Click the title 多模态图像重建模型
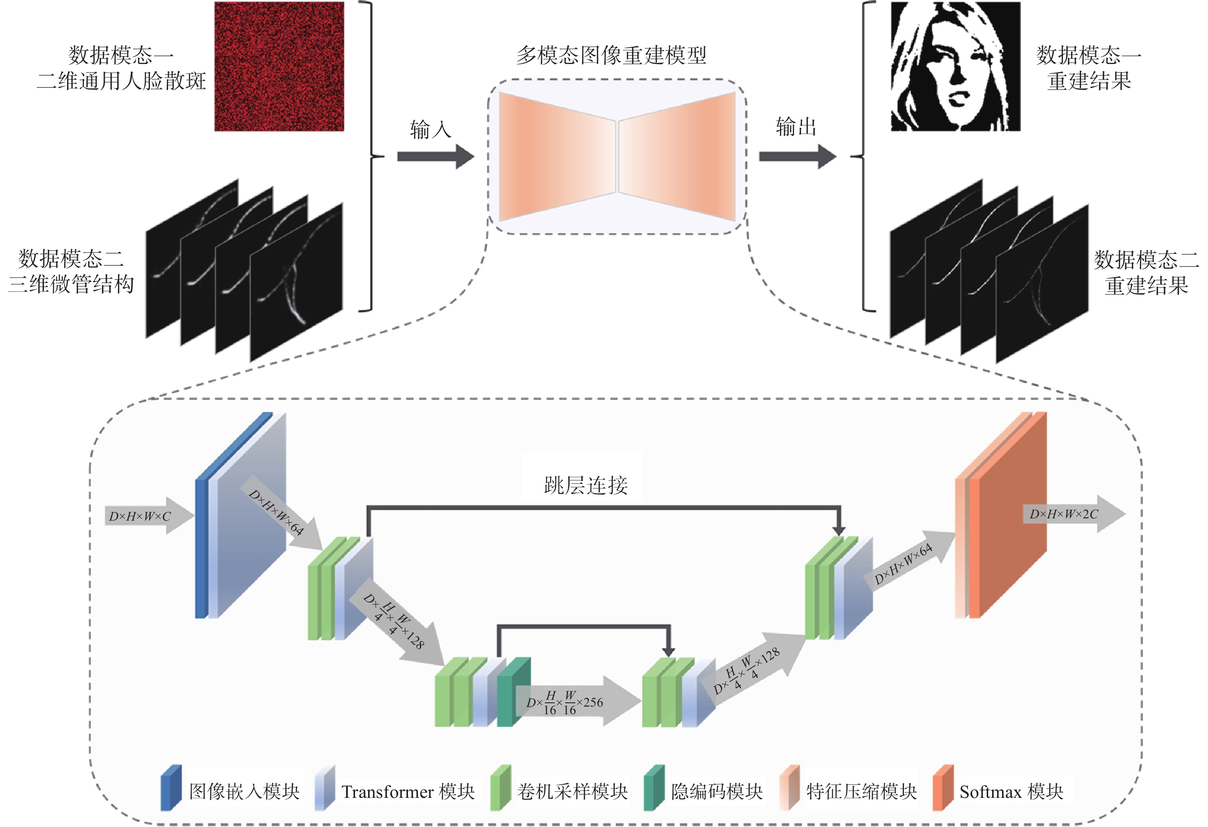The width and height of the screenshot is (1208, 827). point(611,55)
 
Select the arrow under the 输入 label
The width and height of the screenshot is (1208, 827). point(436,156)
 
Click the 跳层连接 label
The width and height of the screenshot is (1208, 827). point(586,485)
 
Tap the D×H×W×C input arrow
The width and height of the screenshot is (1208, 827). point(150,516)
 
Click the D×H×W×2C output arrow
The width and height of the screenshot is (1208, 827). point(1074,513)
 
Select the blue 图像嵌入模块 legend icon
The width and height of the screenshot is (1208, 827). point(171,788)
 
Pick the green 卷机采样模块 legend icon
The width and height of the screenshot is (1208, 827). point(500,788)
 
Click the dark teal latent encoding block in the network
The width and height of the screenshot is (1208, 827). point(513,692)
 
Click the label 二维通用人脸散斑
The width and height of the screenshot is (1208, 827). point(122,81)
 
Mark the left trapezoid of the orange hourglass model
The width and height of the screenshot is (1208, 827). point(557,156)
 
